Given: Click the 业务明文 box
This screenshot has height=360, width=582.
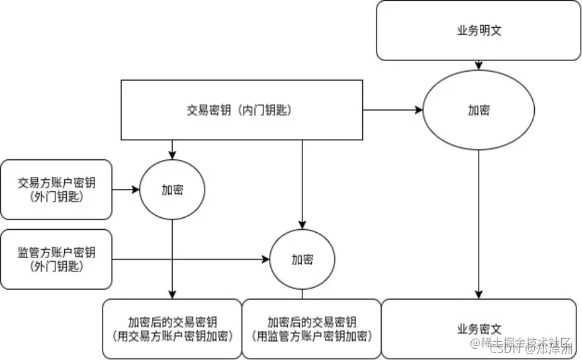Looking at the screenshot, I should tap(479, 30).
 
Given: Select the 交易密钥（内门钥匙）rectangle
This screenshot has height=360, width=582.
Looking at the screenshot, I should tap(241, 110).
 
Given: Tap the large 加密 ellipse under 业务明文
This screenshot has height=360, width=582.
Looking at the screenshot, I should tap(479, 110).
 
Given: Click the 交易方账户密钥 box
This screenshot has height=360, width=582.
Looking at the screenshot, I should tap(57, 189).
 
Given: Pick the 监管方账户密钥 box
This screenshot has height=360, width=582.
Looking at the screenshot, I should tap(57, 259).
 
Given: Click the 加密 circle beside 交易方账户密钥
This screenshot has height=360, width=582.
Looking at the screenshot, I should tap(172, 189).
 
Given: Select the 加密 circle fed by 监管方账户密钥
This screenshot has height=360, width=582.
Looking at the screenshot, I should tap(302, 259).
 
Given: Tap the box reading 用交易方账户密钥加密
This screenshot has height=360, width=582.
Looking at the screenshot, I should tap(172, 329).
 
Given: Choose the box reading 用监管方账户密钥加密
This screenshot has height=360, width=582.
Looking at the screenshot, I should tap(312, 329).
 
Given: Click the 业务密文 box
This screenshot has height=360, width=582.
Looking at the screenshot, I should tap(479, 329).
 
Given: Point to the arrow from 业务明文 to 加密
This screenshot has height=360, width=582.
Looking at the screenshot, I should tap(479, 65).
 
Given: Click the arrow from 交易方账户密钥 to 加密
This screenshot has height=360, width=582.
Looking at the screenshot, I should tap(126, 189).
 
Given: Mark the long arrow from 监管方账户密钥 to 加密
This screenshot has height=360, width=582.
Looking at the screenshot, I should tap(189, 259).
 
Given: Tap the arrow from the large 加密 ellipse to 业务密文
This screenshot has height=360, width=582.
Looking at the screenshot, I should tap(479, 227).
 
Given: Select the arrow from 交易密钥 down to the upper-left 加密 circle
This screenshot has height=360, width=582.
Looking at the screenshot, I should tap(172, 150).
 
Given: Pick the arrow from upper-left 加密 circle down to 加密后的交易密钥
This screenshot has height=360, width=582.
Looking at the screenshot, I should tap(172, 258).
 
